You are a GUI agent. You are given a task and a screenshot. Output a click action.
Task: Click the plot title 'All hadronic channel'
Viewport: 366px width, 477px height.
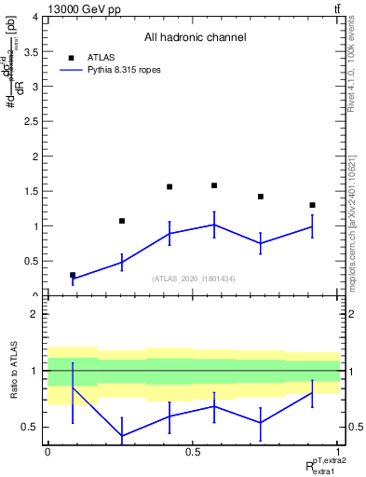click(x=195, y=38)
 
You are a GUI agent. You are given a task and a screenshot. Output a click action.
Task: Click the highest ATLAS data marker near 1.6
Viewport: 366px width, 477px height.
click(x=214, y=185)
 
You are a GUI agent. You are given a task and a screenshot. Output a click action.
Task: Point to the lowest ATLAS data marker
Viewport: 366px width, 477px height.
click(x=73, y=275)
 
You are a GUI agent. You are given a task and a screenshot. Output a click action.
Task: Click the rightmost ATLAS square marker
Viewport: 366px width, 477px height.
click(x=312, y=205)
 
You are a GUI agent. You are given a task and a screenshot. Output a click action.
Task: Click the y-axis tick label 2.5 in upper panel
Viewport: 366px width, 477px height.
click(x=32, y=122)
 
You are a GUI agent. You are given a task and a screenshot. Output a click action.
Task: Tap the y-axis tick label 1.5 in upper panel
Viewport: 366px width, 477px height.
click(x=32, y=192)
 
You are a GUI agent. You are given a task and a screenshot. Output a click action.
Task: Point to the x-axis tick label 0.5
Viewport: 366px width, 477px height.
click(x=193, y=452)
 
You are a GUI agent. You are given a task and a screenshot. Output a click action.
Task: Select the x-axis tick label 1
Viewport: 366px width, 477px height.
click(x=338, y=452)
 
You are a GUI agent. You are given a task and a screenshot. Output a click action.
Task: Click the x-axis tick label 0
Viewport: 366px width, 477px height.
click(x=47, y=452)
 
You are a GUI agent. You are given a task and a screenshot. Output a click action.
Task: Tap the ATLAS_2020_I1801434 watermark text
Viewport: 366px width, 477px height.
click(x=195, y=279)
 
